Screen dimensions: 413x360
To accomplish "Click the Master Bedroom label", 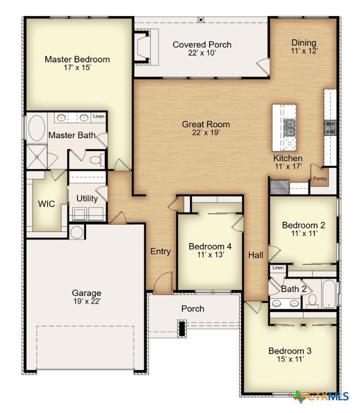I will click(x=77, y=59).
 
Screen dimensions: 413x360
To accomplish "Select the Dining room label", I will click(x=304, y=43).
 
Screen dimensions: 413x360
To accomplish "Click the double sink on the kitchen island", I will click(x=290, y=127).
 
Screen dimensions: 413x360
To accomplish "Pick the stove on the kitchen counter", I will click(x=330, y=127).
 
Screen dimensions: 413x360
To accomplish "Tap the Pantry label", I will click(x=320, y=179).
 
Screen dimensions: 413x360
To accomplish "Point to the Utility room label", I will click(x=87, y=198).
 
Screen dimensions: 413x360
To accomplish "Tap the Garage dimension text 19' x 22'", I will click(x=87, y=302).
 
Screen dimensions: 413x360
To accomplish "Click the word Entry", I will click(x=160, y=251).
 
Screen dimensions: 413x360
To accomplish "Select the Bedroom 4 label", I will click(x=210, y=246).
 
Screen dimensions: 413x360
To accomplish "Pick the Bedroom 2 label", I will click(x=304, y=225).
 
